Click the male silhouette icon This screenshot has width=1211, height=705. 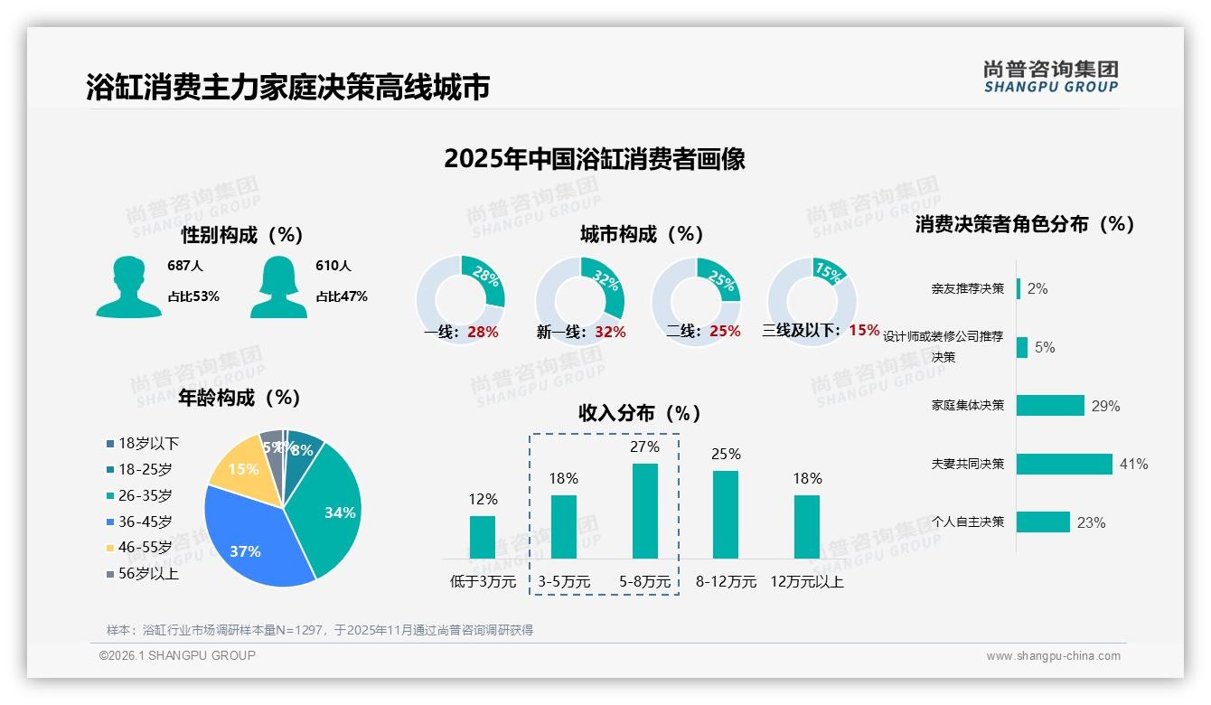[128, 287]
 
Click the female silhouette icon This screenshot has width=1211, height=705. [278, 287]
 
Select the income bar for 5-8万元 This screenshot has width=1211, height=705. [644, 511]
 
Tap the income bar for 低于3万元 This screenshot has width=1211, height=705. [483, 537]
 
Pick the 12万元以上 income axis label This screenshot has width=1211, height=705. [806, 582]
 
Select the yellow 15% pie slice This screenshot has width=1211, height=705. [239, 466]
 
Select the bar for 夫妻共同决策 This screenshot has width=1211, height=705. [1064, 464]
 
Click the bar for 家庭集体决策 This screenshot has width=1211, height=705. [1050, 406]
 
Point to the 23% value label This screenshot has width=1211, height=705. [1091, 522]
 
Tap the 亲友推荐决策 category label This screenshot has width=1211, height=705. [967, 288]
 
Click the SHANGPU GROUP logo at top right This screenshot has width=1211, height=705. [1050, 77]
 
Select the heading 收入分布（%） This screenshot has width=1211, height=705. [640, 413]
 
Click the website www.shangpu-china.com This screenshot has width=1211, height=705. [1053, 656]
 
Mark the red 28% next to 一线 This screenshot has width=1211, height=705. [483, 332]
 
